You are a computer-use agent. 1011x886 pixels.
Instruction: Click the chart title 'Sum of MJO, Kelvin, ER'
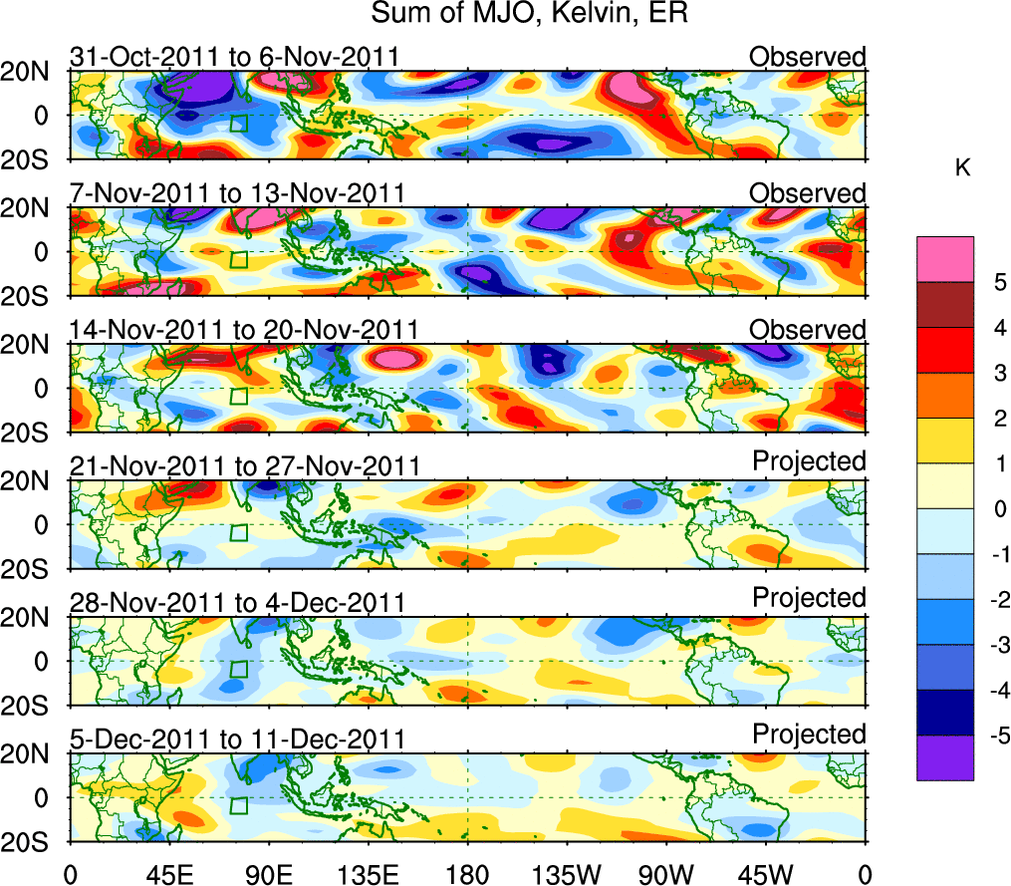point(530,14)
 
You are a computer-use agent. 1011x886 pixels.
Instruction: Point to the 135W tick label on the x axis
point(564,873)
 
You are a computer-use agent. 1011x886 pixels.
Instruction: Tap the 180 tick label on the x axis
point(467,873)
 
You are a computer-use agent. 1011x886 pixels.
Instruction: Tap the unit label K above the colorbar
point(962,168)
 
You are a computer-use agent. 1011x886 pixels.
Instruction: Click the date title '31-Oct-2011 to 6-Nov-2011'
point(235,57)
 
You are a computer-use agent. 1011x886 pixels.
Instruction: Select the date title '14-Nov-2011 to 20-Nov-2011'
point(244,330)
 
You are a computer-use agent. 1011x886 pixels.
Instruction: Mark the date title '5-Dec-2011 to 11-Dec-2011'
point(238,739)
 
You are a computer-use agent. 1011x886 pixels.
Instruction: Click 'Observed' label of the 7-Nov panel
point(808,192)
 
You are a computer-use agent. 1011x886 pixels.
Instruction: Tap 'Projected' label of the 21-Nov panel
point(809,462)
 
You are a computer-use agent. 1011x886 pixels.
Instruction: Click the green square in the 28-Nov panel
point(238,669)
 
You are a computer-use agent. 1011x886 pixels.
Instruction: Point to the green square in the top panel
point(238,123)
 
